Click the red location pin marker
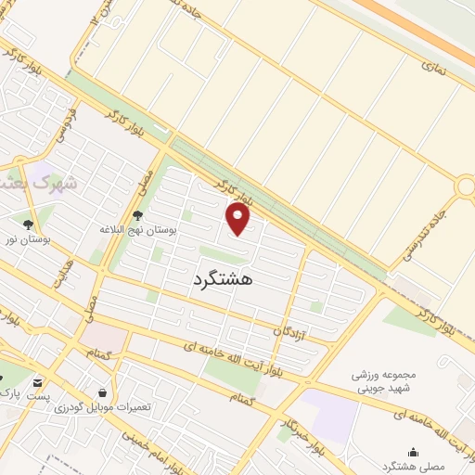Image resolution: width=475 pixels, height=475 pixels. tap(239, 219)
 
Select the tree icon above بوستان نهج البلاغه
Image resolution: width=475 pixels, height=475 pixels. tap(138, 215)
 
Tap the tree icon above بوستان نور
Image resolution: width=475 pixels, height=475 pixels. tap(29, 225)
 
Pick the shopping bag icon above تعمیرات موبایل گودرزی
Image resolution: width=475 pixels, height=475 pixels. tap(101, 392)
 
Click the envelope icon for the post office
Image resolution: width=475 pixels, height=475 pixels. tap(37, 382)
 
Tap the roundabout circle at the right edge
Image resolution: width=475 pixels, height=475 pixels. tap(465, 186)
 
